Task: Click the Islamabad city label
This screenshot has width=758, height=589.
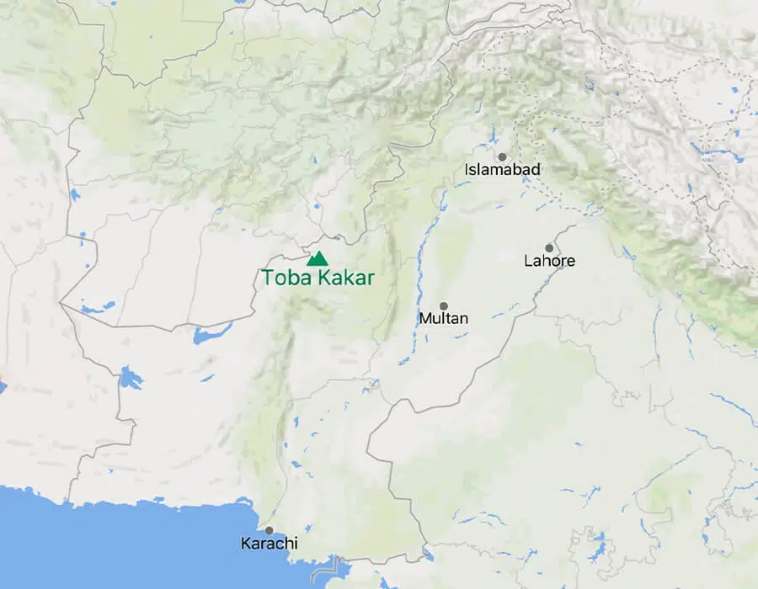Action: click(502, 170)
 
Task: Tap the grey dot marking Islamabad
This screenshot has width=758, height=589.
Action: click(502, 157)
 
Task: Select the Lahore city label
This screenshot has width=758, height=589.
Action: click(549, 261)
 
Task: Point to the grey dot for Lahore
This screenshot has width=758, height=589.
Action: click(549, 247)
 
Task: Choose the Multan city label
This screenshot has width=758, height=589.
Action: click(444, 319)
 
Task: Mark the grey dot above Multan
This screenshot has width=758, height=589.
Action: click(444, 306)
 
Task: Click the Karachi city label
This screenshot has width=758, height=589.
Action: click(269, 544)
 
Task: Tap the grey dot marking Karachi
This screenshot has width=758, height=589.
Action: click(269, 530)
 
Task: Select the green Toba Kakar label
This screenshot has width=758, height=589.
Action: click(317, 277)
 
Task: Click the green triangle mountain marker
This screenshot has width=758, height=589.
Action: click(317, 259)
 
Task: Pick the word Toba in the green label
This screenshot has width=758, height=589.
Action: click(282, 277)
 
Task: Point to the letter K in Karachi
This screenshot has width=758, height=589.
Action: click(245, 544)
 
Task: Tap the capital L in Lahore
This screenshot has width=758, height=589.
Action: click(527, 261)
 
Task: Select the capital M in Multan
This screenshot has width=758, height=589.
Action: click(424, 319)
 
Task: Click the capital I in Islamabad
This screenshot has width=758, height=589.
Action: click(467, 170)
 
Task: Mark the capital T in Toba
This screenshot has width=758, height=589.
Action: click(266, 277)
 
